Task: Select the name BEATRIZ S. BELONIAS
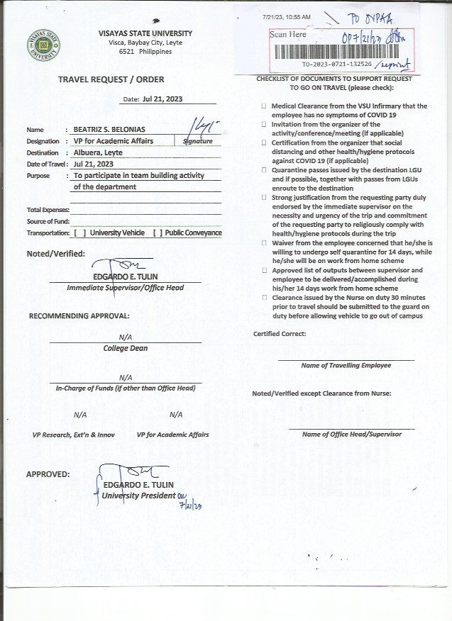(x=110, y=130)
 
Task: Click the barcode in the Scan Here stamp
(x=341, y=51)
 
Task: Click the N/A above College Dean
(x=125, y=337)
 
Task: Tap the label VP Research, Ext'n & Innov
(x=73, y=435)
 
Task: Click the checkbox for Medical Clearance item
(x=264, y=106)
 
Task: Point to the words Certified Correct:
(x=280, y=334)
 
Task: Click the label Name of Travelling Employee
(x=346, y=366)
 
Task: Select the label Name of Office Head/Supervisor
(x=351, y=434)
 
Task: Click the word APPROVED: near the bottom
(x=48, y=474)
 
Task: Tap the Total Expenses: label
(x=48, y=211)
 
